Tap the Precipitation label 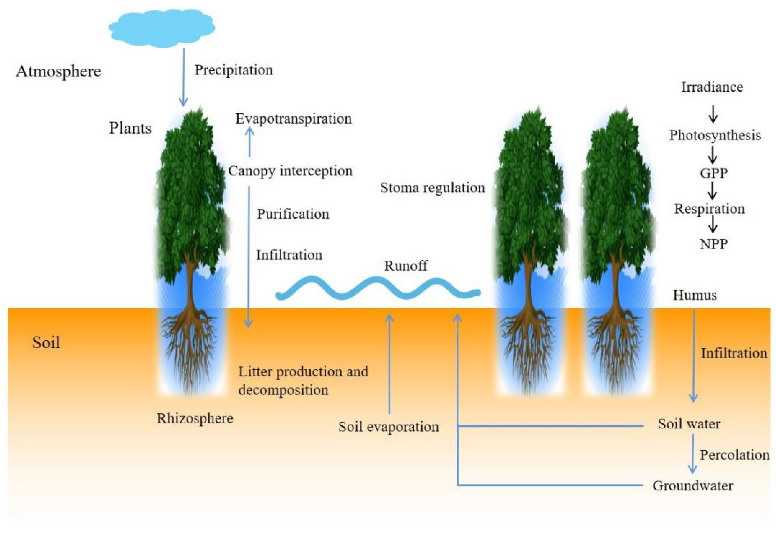(x=234, y=70)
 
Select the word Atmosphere (x=58, y=71)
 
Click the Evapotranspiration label (x=293, y=119)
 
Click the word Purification (x=293, y=214)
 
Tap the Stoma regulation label (x=432, y=188)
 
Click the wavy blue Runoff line (x=378, y=288)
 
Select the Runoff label (x=405, y=266)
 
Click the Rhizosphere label (x=195, y=419)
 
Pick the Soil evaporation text (x=388, y=427)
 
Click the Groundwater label (x=692, y=486)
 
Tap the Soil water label (x=689, y=424)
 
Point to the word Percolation (x=734, y=455)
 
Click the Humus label (x=695, y=295)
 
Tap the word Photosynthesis (x=715, y=135)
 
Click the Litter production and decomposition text (x=303, y=381)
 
